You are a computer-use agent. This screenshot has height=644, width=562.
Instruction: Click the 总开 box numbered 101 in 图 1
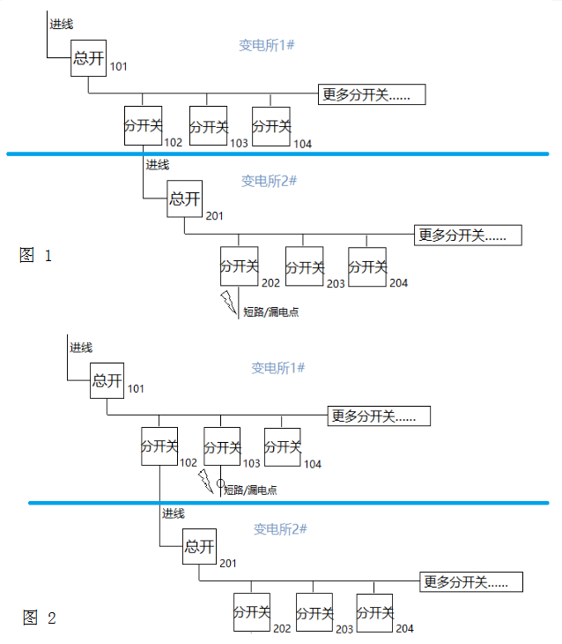pos(89,58)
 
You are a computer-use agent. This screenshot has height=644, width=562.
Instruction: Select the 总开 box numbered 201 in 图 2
pos(199,547)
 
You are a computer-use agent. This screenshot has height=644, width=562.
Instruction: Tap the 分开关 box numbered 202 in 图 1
pos(240,266)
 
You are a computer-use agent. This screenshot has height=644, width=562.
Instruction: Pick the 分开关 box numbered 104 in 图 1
pos(271,126)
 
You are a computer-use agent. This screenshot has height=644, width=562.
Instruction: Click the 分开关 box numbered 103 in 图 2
pos(222,446)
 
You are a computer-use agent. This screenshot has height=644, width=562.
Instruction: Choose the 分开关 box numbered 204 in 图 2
pos(374,612)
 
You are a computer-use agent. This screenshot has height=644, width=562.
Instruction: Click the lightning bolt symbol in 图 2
pos(205,482)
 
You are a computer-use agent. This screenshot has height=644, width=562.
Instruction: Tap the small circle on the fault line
pos(221,483)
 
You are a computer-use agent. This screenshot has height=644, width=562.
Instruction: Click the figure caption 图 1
pos(36,256)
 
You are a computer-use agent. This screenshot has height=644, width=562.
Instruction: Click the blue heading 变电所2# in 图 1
pos(269,181)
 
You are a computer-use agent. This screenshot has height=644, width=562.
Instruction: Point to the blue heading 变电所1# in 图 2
pos(277,367)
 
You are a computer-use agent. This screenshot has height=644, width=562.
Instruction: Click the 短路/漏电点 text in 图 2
pos(251,490)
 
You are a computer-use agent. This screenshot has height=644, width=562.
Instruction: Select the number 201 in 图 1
pos(215,216)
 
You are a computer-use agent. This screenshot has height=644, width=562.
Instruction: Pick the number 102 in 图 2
pos(189,463)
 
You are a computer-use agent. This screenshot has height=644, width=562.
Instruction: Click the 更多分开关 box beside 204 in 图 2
pos(471,582)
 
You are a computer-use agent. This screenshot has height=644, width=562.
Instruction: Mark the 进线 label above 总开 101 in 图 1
pos(61,24)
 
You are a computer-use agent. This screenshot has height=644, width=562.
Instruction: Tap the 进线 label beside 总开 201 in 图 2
pos(173,513)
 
